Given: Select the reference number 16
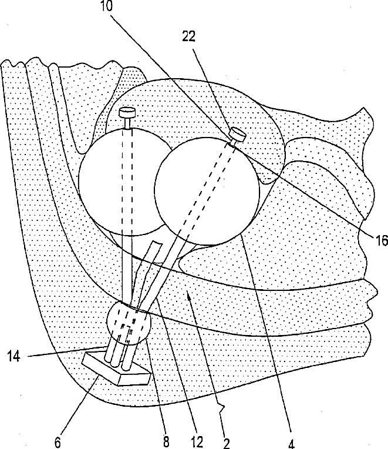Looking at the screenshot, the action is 380,239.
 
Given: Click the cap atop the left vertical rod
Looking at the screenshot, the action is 126,111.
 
